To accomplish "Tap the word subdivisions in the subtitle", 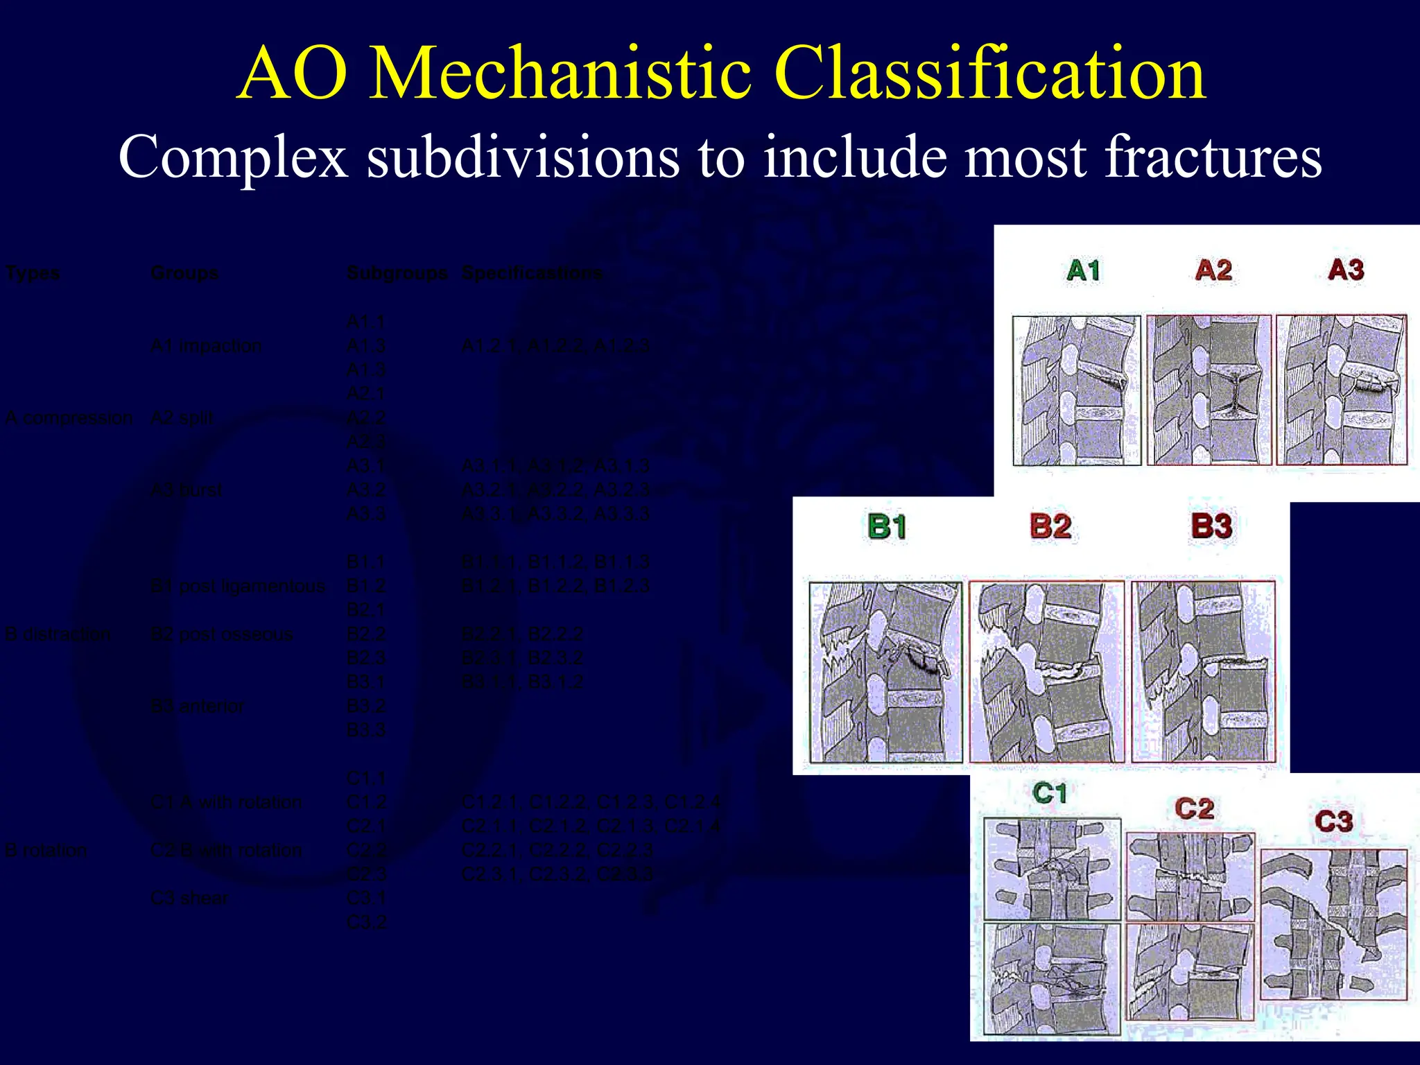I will coord(523,157).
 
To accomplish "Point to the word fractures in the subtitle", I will coord(1213,157).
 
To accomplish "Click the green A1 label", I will coord(1083,270).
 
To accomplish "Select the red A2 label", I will coord(1213,270).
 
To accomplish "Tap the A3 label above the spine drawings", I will coord(1345,270).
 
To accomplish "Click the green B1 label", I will coord(887,527).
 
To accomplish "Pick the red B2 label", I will coord(1050,526).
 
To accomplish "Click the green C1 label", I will coord(1049,793).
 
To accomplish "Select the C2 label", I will coord(1194,808).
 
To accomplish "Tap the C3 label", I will coord(1333,822).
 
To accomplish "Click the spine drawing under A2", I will coord(1209,390).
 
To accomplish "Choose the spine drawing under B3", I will coord(1203,671).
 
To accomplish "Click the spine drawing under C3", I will coord(1333,924).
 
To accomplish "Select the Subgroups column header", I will coord(397,273).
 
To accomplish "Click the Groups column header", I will coord(184,273).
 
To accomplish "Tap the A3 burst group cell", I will coord(186,490).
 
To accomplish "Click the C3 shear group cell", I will coord(189,899).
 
